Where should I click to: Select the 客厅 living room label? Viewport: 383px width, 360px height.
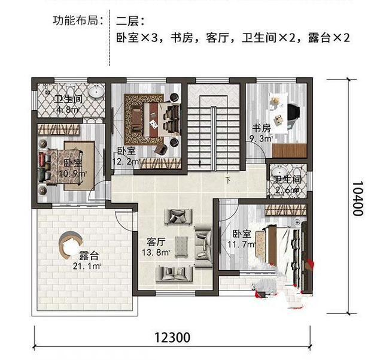156,243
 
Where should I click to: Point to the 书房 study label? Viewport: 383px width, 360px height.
262,128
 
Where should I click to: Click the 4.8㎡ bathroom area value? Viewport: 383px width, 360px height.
67,110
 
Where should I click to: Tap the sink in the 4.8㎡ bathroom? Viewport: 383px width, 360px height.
96,93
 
